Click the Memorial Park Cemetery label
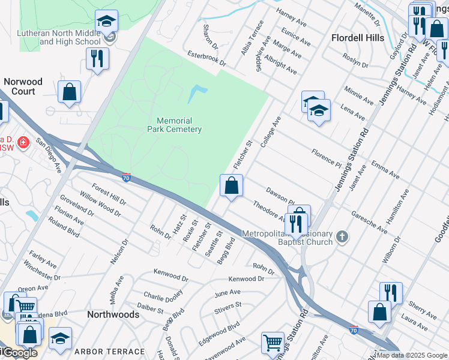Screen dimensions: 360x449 (x=175, y=125)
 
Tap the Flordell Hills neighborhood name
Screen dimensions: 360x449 (x=358, y=38)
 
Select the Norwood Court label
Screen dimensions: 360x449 (x=23, y=86)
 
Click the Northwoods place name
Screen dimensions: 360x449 (x=113, y=314)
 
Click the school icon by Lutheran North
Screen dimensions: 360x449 (x=106, y=23)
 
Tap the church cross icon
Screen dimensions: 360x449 (x=342, y=236)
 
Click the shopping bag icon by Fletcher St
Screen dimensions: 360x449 (x=231, y=185)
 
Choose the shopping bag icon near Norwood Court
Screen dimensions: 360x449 (x=70, y=92)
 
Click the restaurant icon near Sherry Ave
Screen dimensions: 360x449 (x=391, y=293)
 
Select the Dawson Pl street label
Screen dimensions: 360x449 (x=280, y=195)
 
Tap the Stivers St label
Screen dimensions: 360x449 (x=228, y=305)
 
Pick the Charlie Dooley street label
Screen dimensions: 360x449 (x=163, y=296)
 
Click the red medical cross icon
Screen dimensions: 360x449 (x=23, y=142)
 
